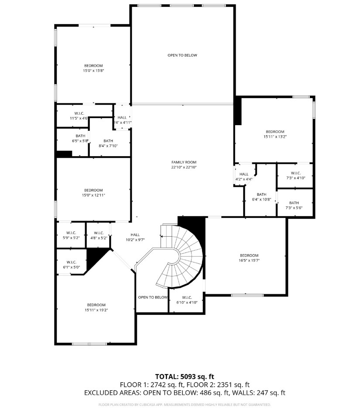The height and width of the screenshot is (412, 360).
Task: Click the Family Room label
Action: (184, 164)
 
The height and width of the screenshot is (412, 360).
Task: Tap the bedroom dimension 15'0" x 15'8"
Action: (93, 70)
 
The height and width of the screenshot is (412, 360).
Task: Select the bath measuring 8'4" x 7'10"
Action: (108, 143)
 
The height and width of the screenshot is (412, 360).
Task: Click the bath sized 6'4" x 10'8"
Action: (261, 197)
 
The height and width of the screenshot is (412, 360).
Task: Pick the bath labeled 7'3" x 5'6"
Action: (294, 205)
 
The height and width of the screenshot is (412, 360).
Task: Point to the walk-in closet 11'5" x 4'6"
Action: (79, 116)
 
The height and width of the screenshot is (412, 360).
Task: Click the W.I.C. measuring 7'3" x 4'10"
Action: (295, 175)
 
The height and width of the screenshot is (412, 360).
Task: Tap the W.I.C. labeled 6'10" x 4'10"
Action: (187, 300)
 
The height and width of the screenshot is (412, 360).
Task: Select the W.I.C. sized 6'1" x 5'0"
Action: (72, 264)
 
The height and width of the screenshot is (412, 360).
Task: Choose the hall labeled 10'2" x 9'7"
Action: (135, 237)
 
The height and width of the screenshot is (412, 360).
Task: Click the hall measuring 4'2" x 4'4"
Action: (244, 177)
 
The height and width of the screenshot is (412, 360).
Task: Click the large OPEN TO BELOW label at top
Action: (182, 55)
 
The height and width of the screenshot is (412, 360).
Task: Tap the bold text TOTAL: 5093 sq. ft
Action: (185, 376)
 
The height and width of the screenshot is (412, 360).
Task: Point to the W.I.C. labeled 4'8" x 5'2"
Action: (99, 235)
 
